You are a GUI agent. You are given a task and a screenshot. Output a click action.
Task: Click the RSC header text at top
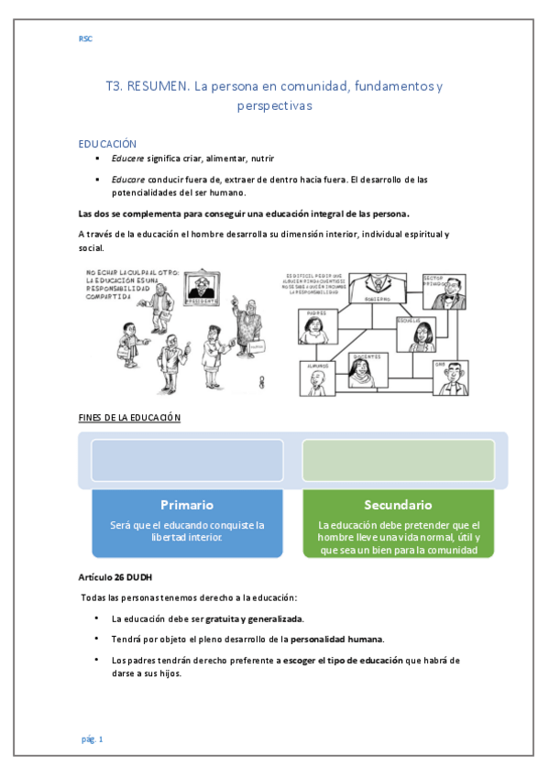(85, 38)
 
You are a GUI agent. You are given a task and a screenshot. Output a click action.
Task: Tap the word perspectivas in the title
(274, 105)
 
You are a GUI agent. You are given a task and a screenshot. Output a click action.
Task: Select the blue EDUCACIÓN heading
(107, 144)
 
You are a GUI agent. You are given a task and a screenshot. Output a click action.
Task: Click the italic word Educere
(126, 159)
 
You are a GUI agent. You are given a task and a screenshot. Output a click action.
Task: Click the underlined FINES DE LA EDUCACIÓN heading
(129, 418)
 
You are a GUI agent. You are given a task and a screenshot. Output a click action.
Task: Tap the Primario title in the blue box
(187, 505)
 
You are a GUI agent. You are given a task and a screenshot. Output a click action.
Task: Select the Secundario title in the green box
(398, 505)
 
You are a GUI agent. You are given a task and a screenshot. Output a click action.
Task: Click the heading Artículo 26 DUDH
(116, 577)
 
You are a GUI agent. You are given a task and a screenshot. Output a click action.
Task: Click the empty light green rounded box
(398, 460)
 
